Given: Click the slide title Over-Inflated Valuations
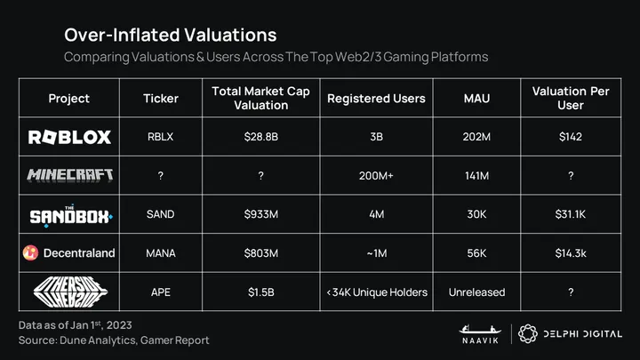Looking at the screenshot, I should [x=170, y=35].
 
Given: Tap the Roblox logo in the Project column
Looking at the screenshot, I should [x=69, y=137].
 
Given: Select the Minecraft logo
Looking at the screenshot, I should [x=69, y=175].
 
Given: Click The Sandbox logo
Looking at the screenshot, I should [x=69, y=214].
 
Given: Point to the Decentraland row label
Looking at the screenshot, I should [x=69, y=253].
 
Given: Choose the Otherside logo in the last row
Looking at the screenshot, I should [x=69, y=292].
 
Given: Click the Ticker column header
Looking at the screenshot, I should [x=160, y=98].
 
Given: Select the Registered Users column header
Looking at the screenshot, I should [x=376, y=98].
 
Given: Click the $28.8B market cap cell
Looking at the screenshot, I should [x=261, y=137].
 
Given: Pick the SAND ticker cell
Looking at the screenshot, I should [x=160, y=214].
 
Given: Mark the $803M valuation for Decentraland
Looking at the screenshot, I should [x=261, y=253].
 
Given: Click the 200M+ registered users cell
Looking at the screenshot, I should [x=376, y=175].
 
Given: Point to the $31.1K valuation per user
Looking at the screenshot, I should [x=570, y=214].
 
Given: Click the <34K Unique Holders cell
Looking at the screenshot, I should [x=376, y=292].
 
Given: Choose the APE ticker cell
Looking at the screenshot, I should [x=160, y=292].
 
